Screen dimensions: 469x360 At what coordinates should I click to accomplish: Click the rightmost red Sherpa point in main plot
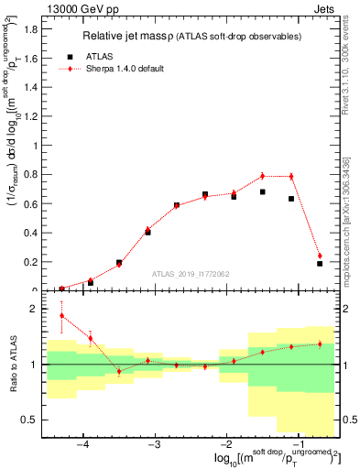click(320, 256)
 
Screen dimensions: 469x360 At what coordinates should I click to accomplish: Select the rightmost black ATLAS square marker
click(320, 263)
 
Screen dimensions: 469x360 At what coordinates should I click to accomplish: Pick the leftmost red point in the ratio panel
click(61, 316)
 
